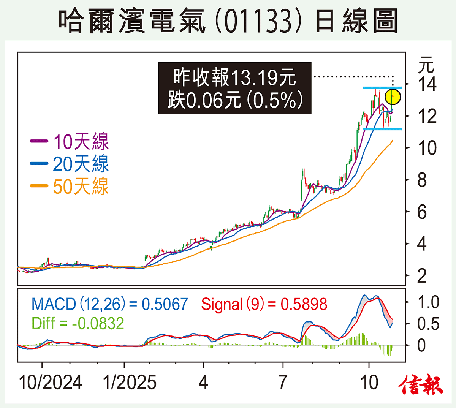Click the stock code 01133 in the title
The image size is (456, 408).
tap(259, 21)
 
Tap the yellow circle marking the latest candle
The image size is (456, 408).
tap(393, 97)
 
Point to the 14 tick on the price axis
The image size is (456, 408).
tap(427, 84)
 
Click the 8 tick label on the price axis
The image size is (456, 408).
tap(422, 180)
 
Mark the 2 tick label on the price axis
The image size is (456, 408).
tap(422, 276)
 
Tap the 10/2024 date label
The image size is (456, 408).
tap(50, 382)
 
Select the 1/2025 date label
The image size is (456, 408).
tap(130, 382)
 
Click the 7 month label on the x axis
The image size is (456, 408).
tap(283, 382)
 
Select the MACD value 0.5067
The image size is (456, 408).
tap(165, 304)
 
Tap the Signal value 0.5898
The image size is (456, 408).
tap(304, 304)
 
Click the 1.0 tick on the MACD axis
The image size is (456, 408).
tap(428, 302)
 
